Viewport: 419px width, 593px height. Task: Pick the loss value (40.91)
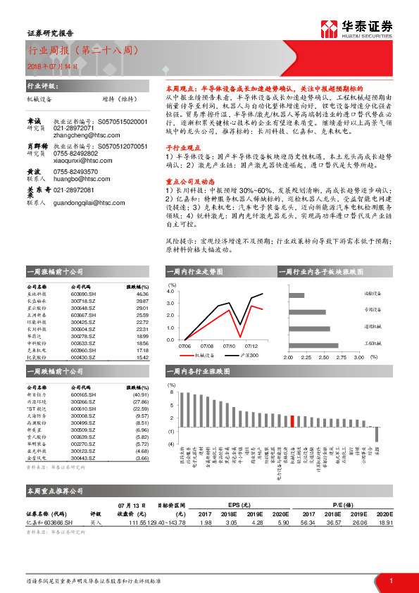(x=141, y=394)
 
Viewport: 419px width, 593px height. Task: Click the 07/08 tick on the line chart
(x=207, y=346)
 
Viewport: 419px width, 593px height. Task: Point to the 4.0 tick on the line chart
(x=170, y=290)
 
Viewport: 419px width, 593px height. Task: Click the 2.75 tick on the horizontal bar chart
(x=341, y=358)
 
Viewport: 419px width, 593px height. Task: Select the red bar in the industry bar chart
(x=292, y=421)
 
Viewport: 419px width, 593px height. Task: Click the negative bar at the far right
(x=377, y=434)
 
